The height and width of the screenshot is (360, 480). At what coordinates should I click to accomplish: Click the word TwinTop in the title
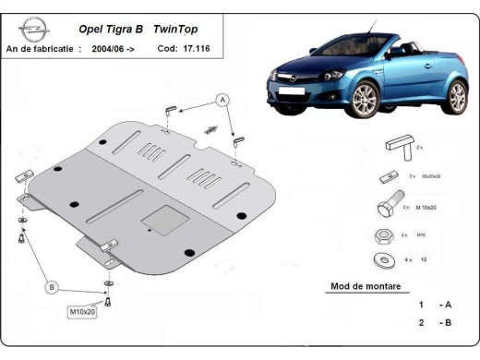194,29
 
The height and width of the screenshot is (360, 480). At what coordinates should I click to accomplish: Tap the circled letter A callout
222,98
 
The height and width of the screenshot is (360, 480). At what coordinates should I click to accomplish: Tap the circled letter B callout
53,287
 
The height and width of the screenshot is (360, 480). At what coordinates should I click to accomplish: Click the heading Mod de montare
366,286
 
